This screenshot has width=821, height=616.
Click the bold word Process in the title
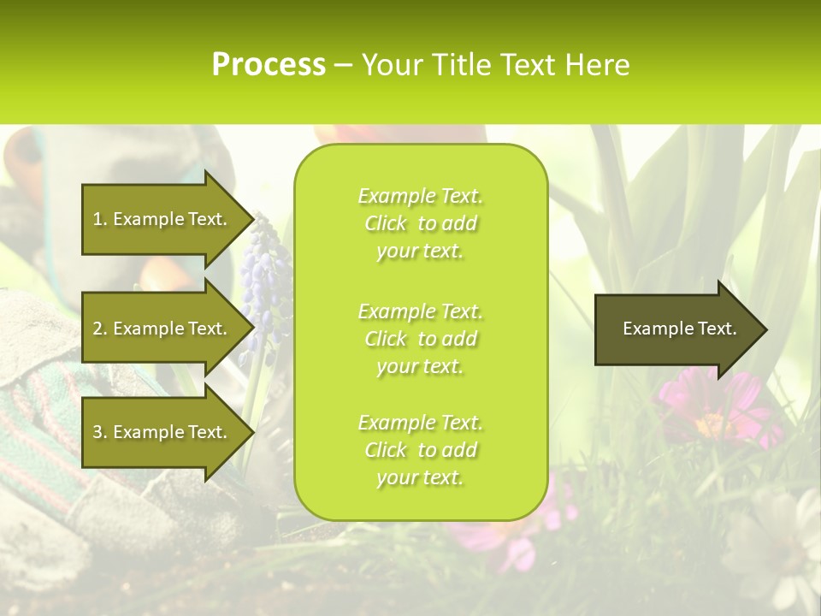click(x=269, y=65)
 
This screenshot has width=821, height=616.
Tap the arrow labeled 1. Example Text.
click(x=160, y=219)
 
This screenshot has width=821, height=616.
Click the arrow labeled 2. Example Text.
click(x=160, y=329)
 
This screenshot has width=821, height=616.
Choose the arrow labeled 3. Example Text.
click(x=160, y=432)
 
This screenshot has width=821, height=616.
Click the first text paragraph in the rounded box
click(x=420, y=223)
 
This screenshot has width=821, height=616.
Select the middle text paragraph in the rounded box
click(x=420, y=339)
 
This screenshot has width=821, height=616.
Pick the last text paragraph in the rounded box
click(x=420, y=450)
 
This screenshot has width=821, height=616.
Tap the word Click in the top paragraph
click(x=386, y=224)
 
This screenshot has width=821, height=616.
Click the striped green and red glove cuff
click(x=51, y=428)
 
